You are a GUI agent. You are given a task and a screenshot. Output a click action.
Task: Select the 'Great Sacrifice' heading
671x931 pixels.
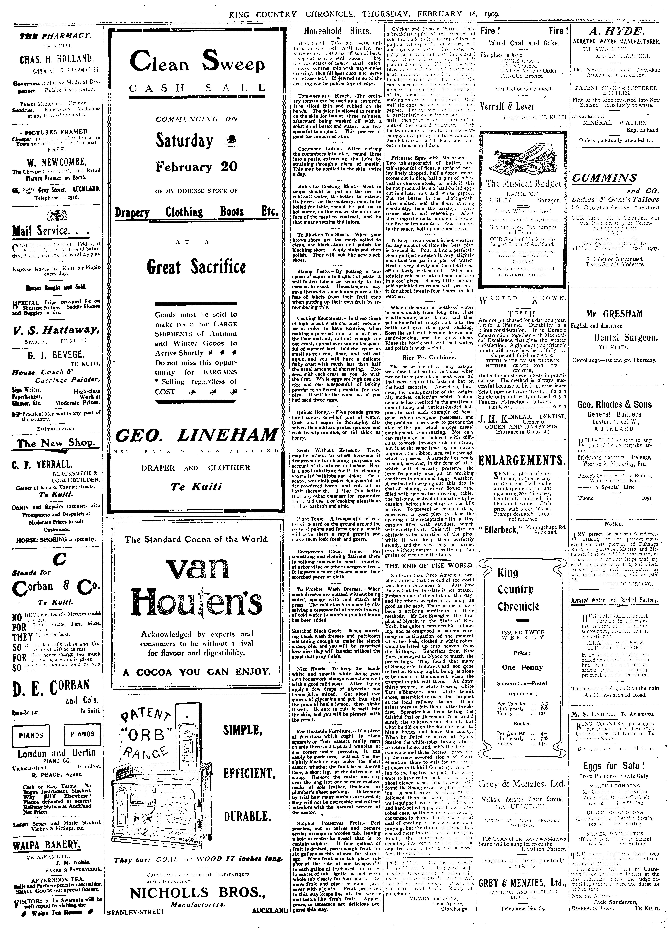[x=196, y=267]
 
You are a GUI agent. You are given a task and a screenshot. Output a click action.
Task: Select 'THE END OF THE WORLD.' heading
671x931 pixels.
[x=429, y=565]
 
